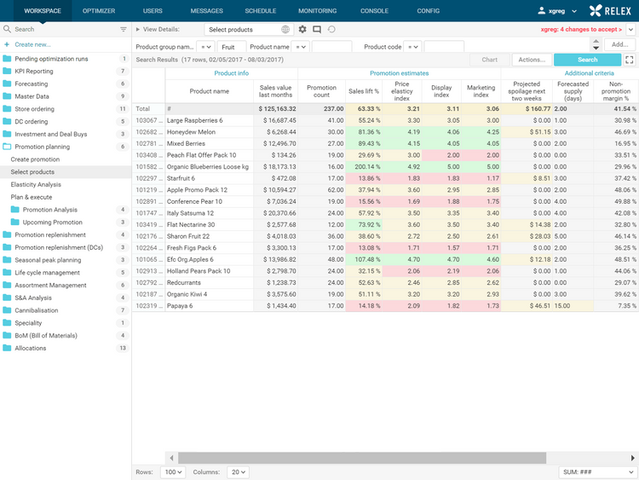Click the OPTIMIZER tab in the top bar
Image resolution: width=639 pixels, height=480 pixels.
pyautogui.click(x=99, y=11)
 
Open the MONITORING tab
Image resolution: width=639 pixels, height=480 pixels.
pyautogui.click(x=317, y=11)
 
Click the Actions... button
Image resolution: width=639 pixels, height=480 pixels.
pyautogui.click(x=532, y=60)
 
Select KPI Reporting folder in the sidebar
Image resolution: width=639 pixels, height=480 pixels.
pyautogui.click(x=34, y=72)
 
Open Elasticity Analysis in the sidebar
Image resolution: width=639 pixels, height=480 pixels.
pyautogui.click(x=36, y=184)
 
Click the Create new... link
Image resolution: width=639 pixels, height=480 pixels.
pyautogui.click(x=32, y=44)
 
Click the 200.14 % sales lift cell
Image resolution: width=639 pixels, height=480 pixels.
pyautogui.click(x=364, y=167)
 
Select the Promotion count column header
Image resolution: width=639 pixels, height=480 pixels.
pyautogui.click(x=321, y=91)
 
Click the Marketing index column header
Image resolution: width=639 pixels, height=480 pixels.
pyautogui.click(x=481, y=91)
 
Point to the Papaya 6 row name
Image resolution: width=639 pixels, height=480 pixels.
pyautogui.click(x=181, y=305)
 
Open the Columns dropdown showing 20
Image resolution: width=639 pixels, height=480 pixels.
pyautogui.click(x=239, y=471)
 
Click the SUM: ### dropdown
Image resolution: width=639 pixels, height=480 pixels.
pyautogui.click(x=597, y=471)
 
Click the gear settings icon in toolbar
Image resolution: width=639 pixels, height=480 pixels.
pyautogui.click(x=302, y=30)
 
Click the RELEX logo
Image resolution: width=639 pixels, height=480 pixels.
pyautogui.click(x=610, y=11)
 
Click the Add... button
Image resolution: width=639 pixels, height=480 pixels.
pyautogui.click(x=619, y=44)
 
